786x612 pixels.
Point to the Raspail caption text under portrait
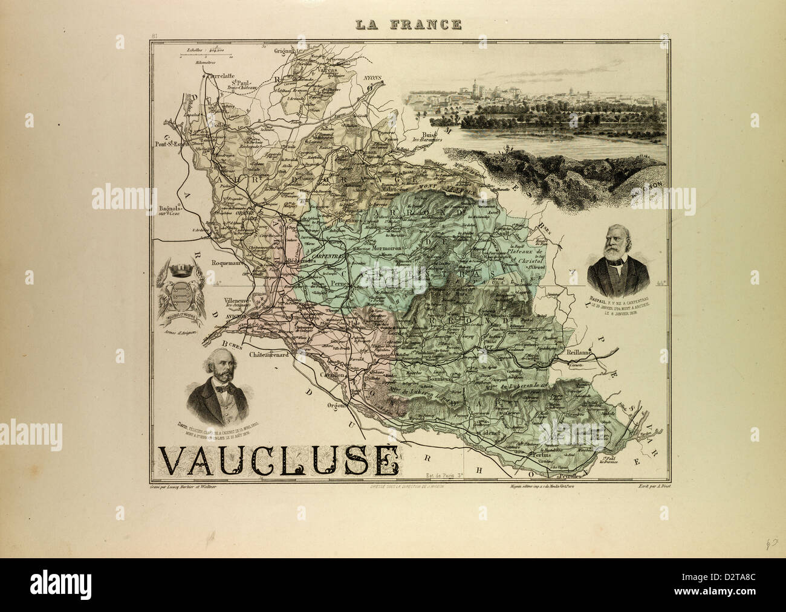(618, 305)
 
